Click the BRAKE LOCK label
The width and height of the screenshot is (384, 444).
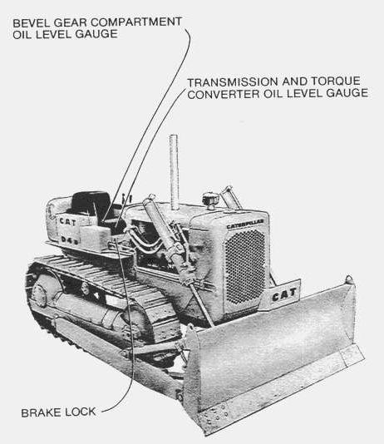click(x=58, y=412)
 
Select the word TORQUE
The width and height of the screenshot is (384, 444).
click(x=336, y=81)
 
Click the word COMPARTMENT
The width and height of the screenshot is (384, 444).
click(x=136, y=22)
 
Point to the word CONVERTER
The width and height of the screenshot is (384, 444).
click(x=224, y=94)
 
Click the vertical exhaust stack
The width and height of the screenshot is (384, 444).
click(x=174, y=172)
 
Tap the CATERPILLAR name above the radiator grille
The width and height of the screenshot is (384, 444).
click(x=245, y=224)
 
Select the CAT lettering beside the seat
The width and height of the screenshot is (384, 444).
click(x=67, y=222)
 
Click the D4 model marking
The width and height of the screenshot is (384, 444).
click(x=69, y=239)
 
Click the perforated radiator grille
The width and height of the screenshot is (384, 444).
click(x=245, y=266)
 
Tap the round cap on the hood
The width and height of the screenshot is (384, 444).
click(x=209, y=199)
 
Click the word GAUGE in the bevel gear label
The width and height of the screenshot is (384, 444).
click(x=96, y=34)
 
